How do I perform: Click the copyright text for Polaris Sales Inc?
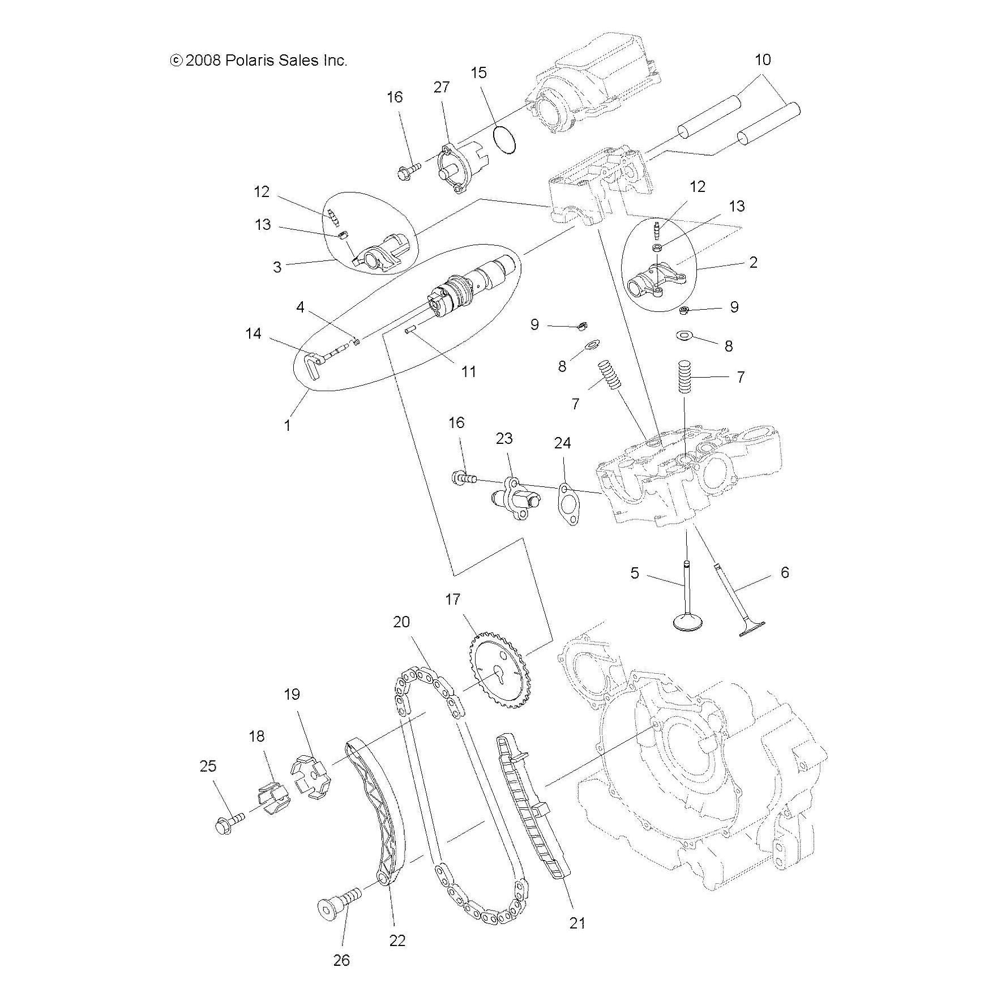[x=259, y=61]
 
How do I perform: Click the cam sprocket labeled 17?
[x=496, y=673]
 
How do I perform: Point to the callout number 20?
[x=401, y=622]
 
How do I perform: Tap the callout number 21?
[x=577, y=923]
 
